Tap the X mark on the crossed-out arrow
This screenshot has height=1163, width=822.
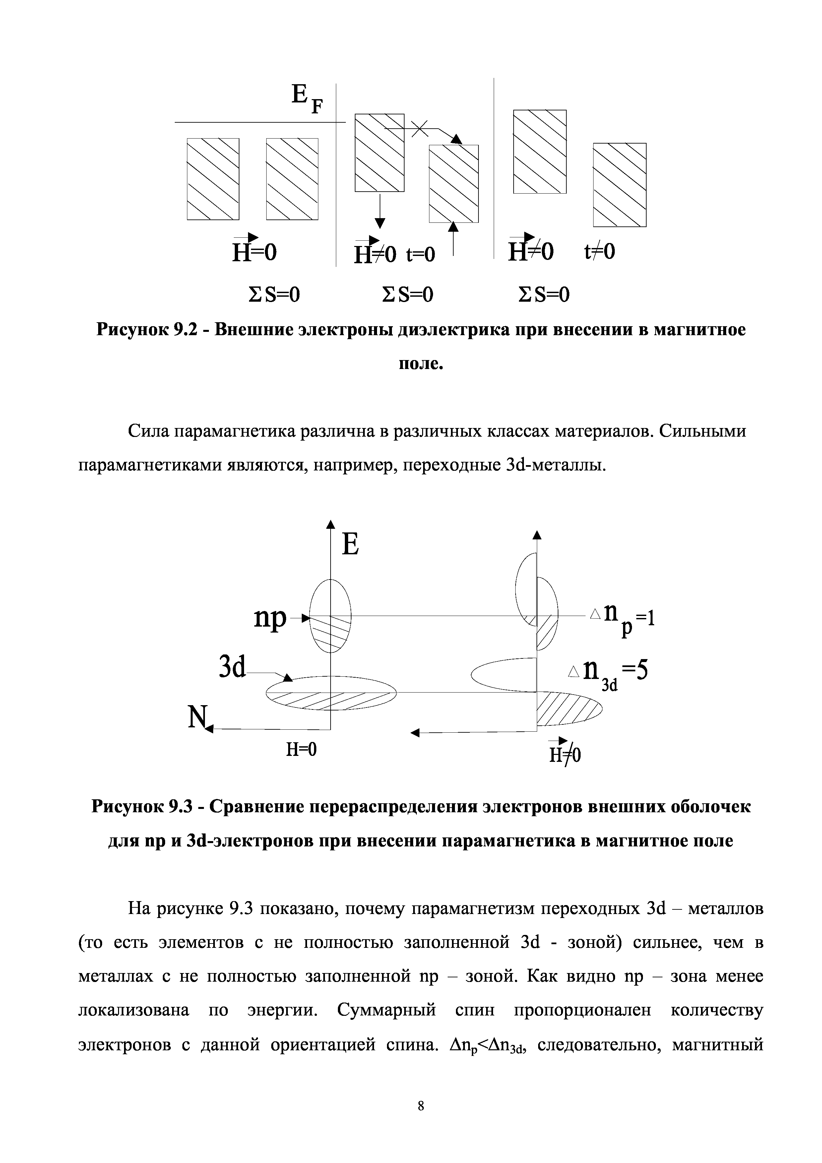[x=419, y=129]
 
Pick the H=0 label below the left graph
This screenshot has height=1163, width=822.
[x=301, y=749]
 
